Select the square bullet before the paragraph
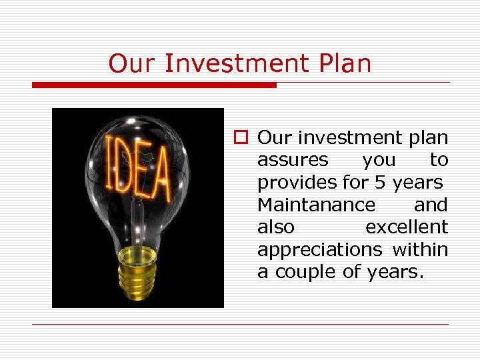240,138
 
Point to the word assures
293,160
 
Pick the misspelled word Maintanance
316,204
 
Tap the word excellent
406,227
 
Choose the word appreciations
319,249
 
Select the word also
275,227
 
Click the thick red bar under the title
154,85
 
